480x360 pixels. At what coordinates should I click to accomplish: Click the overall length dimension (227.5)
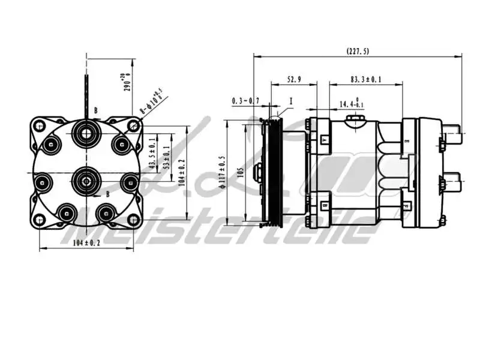pyautogui.click(x=358, y=52)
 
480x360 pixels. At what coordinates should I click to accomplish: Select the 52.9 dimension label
pyautogui.click(x=294, y=79)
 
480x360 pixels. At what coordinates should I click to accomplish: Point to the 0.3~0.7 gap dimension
pyautogui.click(x=245, y=101)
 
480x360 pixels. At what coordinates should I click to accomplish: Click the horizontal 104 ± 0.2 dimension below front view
pyautogui.click(x=86, y=242)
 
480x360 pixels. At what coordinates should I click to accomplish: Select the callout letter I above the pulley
pyautogui.click(x=290, y=101)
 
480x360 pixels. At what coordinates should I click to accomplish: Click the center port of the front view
pyautogui.click(x=86, y=178)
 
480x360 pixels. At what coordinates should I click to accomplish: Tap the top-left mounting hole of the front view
pyautogui.click(x=40, y=126)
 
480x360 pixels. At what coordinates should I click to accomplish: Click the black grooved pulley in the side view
pyautogui.click(x=274, y=172)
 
